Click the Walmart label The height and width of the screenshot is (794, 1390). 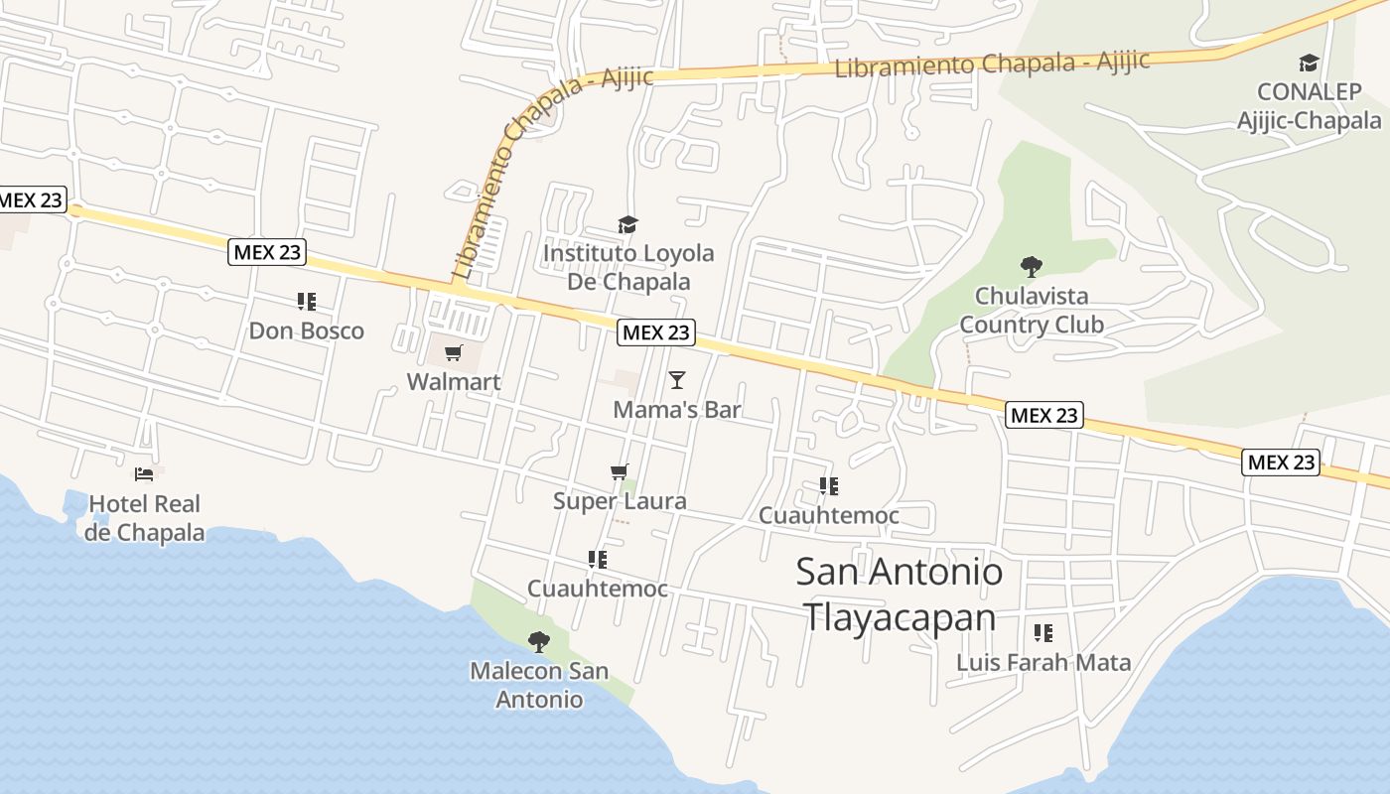point(454,382)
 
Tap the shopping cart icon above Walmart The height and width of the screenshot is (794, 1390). point(454,353)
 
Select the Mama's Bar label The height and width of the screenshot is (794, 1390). point(677,409)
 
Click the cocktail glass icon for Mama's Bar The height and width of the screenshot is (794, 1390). point(677,379)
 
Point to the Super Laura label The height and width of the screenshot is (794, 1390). point(620,501)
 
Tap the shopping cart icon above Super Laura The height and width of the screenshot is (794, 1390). point(620,472)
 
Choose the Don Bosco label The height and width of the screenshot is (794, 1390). point(306,331)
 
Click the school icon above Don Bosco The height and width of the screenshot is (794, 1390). point(306,301)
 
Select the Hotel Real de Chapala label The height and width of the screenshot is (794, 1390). point(144,518)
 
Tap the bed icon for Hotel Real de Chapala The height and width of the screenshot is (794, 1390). point(144,474)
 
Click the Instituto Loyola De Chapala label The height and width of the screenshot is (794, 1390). point(628,267)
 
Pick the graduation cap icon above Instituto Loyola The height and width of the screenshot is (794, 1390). point(627,224)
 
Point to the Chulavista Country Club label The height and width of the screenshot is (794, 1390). point(1032,310)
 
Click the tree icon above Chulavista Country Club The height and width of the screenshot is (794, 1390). point(1032,266)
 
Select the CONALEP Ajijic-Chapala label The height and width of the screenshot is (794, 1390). point(1309,106)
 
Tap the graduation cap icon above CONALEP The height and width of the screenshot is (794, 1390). point(1309,64)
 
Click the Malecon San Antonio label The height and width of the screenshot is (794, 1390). point(539,685)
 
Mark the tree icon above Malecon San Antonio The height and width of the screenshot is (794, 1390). point(539,642)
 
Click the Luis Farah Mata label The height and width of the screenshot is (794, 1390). point(1043,662)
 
